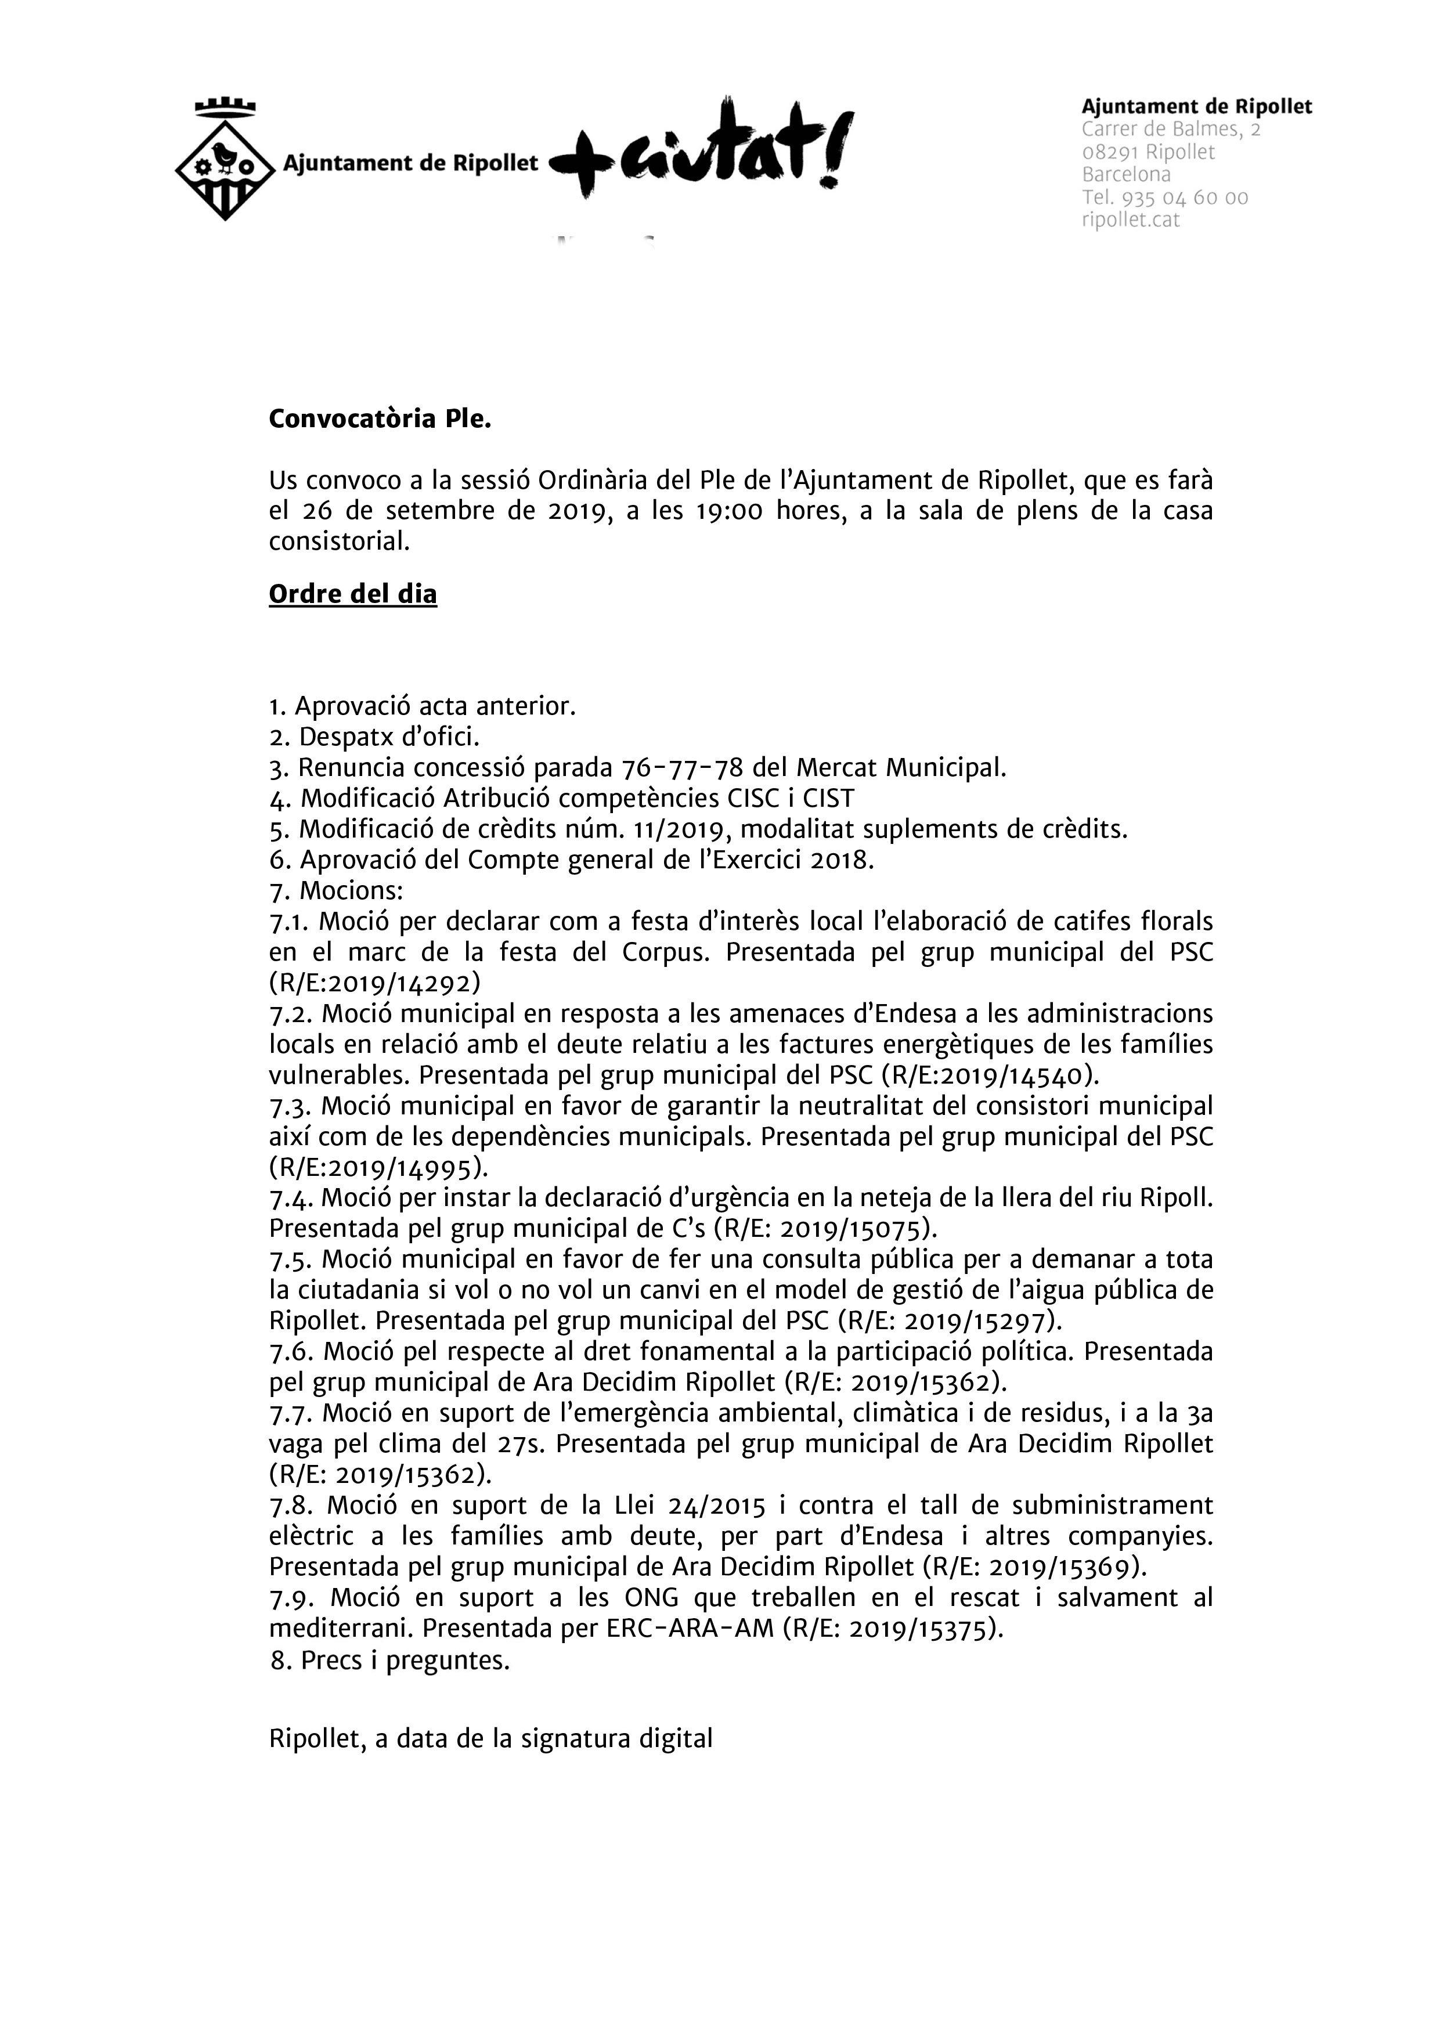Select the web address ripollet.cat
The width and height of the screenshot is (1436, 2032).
click(x=1131, y=221)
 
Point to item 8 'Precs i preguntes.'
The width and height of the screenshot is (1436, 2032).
click(x=391, y=1661)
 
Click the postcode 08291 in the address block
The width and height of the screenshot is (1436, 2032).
click(x=1109, y=152)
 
